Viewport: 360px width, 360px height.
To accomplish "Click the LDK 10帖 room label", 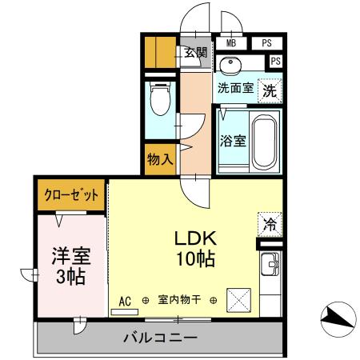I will click(x=198, y=249).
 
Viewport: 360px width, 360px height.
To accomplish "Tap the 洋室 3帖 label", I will click(x=70, y=266).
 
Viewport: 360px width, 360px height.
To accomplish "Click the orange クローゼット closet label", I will click(x=71, y=195).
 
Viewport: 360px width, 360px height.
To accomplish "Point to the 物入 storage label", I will click(x=160, y=159).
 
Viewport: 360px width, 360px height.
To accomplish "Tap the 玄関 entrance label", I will click(x=195, y=54).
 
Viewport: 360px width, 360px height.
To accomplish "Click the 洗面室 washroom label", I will click(x=236, y=89).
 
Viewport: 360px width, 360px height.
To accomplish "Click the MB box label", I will click(x=231, y=44).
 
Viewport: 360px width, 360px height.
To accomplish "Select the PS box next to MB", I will click(x=266, y=44).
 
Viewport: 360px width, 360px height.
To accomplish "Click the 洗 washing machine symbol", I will click(x=271, y=90).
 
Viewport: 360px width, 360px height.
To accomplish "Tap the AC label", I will click(x=125, y=301).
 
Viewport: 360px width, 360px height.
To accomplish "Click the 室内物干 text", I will click(x=180, y=301).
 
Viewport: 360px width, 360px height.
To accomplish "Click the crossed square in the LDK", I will click(x=239, y=301).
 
